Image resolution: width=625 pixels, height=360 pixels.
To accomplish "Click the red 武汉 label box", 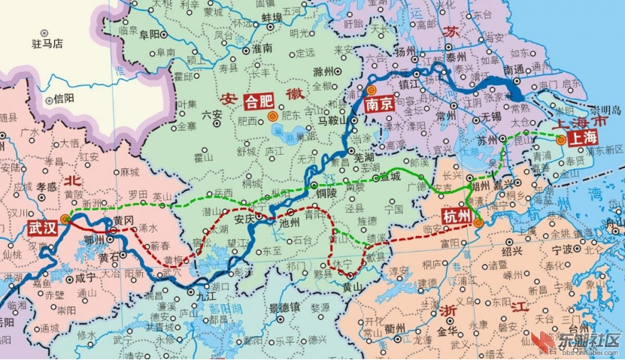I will (42, 228).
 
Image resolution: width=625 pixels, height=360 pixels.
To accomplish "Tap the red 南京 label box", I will (378, 105).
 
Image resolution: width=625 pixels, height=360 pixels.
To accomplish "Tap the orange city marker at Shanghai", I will (560, 139).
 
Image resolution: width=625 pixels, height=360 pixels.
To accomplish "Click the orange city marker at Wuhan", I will (65, 219).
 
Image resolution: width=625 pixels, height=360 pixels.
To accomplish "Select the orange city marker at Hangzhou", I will (478, 222).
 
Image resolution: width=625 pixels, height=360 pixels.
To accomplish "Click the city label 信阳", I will (64, 98).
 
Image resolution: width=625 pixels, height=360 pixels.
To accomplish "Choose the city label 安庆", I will (245, 219).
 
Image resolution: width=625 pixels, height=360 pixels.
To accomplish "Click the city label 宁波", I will (562, 250).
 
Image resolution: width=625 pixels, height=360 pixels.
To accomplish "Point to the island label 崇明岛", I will (606, 110).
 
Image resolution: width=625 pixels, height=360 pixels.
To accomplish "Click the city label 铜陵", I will (326, 192).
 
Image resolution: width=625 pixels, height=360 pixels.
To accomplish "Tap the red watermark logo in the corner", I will (544, 345).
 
